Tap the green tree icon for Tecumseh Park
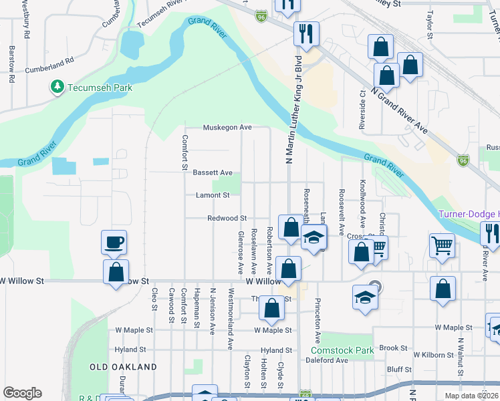(x=57, y=87)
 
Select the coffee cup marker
(x=113, y=242)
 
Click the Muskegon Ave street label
(x=227, y=127)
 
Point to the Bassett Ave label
(x=213, y=172)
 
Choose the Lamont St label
(x=213, y=196)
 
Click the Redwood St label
(x=227, y=218)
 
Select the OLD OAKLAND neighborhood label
(x=124, y=367)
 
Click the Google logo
(x=22, y=393)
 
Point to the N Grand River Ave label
(x=398, y=110)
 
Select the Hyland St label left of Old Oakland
(x=130, y=350)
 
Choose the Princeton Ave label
(x=318, y=321)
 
